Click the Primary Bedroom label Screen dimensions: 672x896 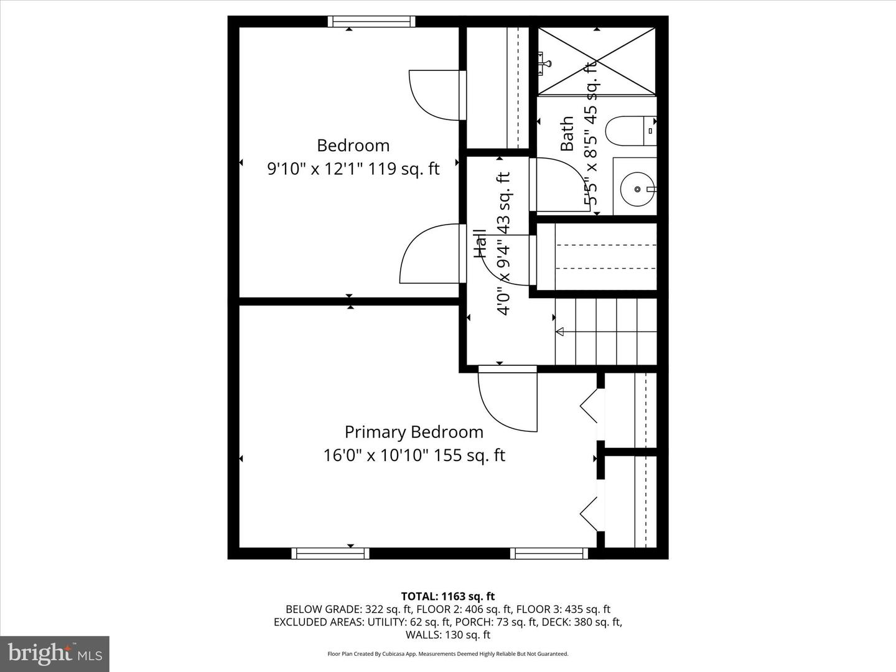[414, 432]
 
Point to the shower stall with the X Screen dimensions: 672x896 [596, 62]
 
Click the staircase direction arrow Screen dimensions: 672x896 [559, 332]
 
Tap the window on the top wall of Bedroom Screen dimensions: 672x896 [371, 22]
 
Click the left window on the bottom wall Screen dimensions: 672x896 [330, 553]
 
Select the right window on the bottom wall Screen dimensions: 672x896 [549, 553]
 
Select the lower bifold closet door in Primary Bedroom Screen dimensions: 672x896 [589, 514]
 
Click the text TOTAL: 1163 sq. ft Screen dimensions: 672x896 [447, 596]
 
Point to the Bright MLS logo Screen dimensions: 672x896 [55, 653]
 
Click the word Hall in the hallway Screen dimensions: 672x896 [480, 244]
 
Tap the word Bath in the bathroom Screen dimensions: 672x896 [567, 133]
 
